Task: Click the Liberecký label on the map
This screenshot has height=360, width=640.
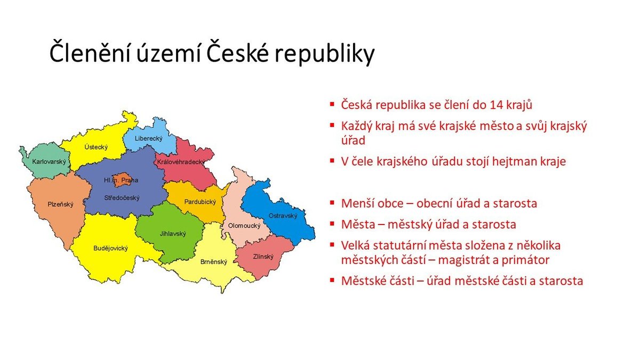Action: click(149, 139)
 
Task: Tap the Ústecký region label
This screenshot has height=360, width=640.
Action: click(96, 147)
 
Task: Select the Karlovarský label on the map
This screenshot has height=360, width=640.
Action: click(49, 162)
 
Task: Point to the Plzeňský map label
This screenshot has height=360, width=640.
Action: click(60, 204)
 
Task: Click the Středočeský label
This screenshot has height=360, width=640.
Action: click(122, 198)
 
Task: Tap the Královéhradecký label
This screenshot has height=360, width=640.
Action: click(181, 162)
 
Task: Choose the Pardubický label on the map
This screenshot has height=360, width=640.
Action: click(200, 202)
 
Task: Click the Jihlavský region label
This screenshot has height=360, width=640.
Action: click(173, 234)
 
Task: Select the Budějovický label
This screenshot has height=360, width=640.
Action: click(110, 249)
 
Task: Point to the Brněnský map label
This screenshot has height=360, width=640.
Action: click(214, 262)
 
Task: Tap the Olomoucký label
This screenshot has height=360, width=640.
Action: click(244, 226)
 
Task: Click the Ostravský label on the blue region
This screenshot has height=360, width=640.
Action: click(283, 215)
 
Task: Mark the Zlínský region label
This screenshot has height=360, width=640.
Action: click(263, 257)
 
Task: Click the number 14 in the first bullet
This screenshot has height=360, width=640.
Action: click(497, 105)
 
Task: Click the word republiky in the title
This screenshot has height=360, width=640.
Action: click(325, 53)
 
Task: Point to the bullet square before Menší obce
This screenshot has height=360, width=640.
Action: click(332, 203)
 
